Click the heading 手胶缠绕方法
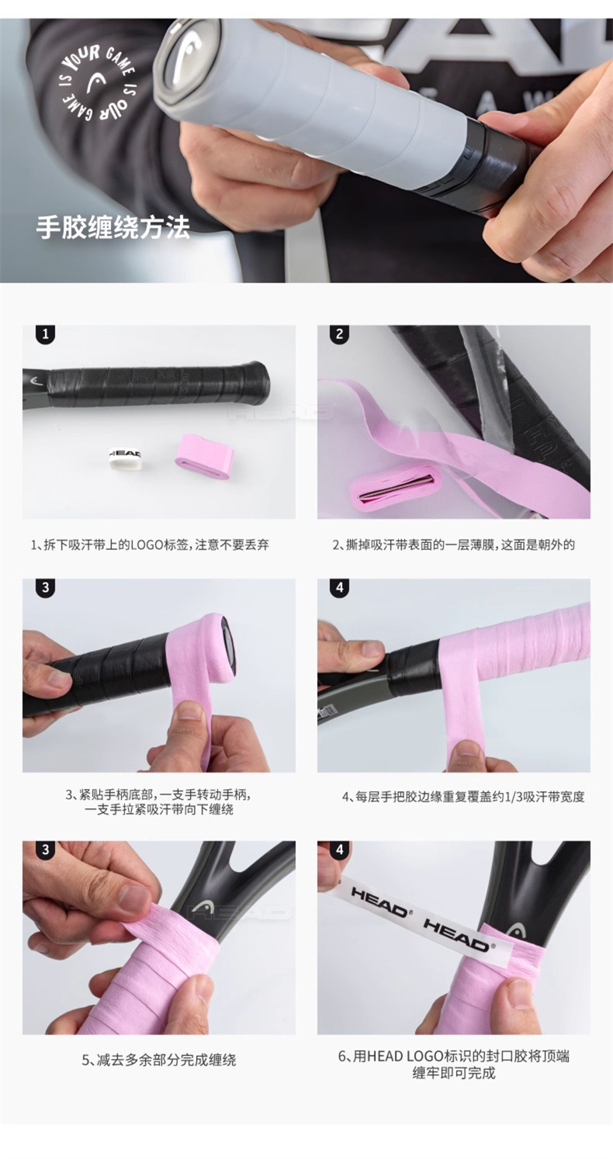pos(113,227)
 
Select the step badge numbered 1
pos(46,334)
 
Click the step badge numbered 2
pos(340,334)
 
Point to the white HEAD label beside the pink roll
pos(125,457)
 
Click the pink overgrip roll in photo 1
pos(205,451)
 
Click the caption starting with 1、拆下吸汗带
pos(150,545)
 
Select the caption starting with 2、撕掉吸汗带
pos(453,545)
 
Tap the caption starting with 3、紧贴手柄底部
pos(158,801)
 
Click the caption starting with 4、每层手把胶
pos(463,796)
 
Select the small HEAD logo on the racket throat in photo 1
pos(35,381)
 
